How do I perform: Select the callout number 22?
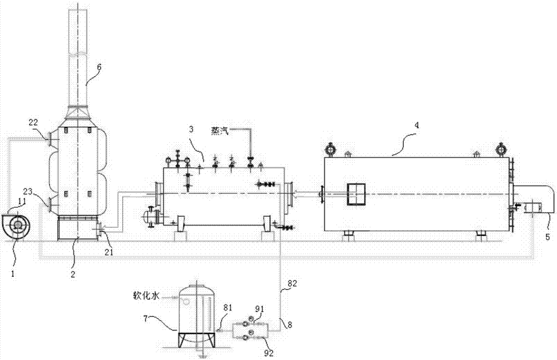(33, 122)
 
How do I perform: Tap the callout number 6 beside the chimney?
(100, 66)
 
